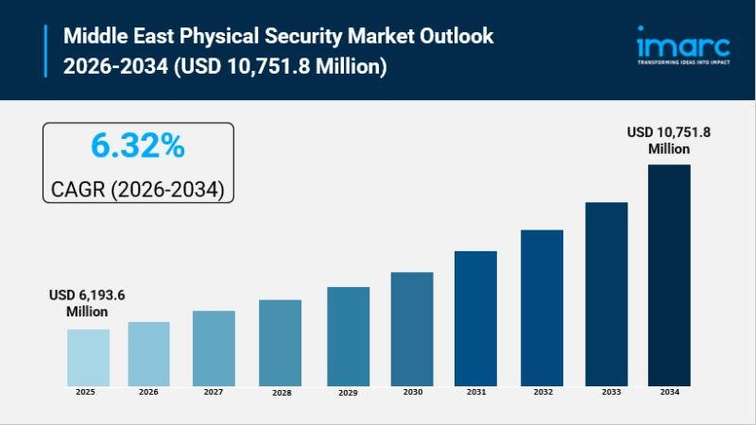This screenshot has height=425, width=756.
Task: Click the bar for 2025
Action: point(88,357)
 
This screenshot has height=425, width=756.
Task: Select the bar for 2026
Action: point(148,353)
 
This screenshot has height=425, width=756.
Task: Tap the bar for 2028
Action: point(280,342)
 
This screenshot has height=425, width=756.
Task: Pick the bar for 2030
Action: point(412,329)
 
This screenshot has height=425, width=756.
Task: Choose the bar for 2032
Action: point(541,307)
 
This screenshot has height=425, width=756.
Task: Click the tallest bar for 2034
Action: point(669,275)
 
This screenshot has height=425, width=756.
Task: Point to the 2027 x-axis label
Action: point(214,391)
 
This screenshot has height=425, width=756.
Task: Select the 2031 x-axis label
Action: point(475,391)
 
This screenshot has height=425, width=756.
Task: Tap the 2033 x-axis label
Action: point(606,391)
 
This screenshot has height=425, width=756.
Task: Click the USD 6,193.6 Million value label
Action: point(87,303)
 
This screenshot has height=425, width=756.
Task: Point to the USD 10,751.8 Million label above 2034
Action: point(669,141)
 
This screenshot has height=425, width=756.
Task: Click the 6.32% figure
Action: point(138,146)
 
